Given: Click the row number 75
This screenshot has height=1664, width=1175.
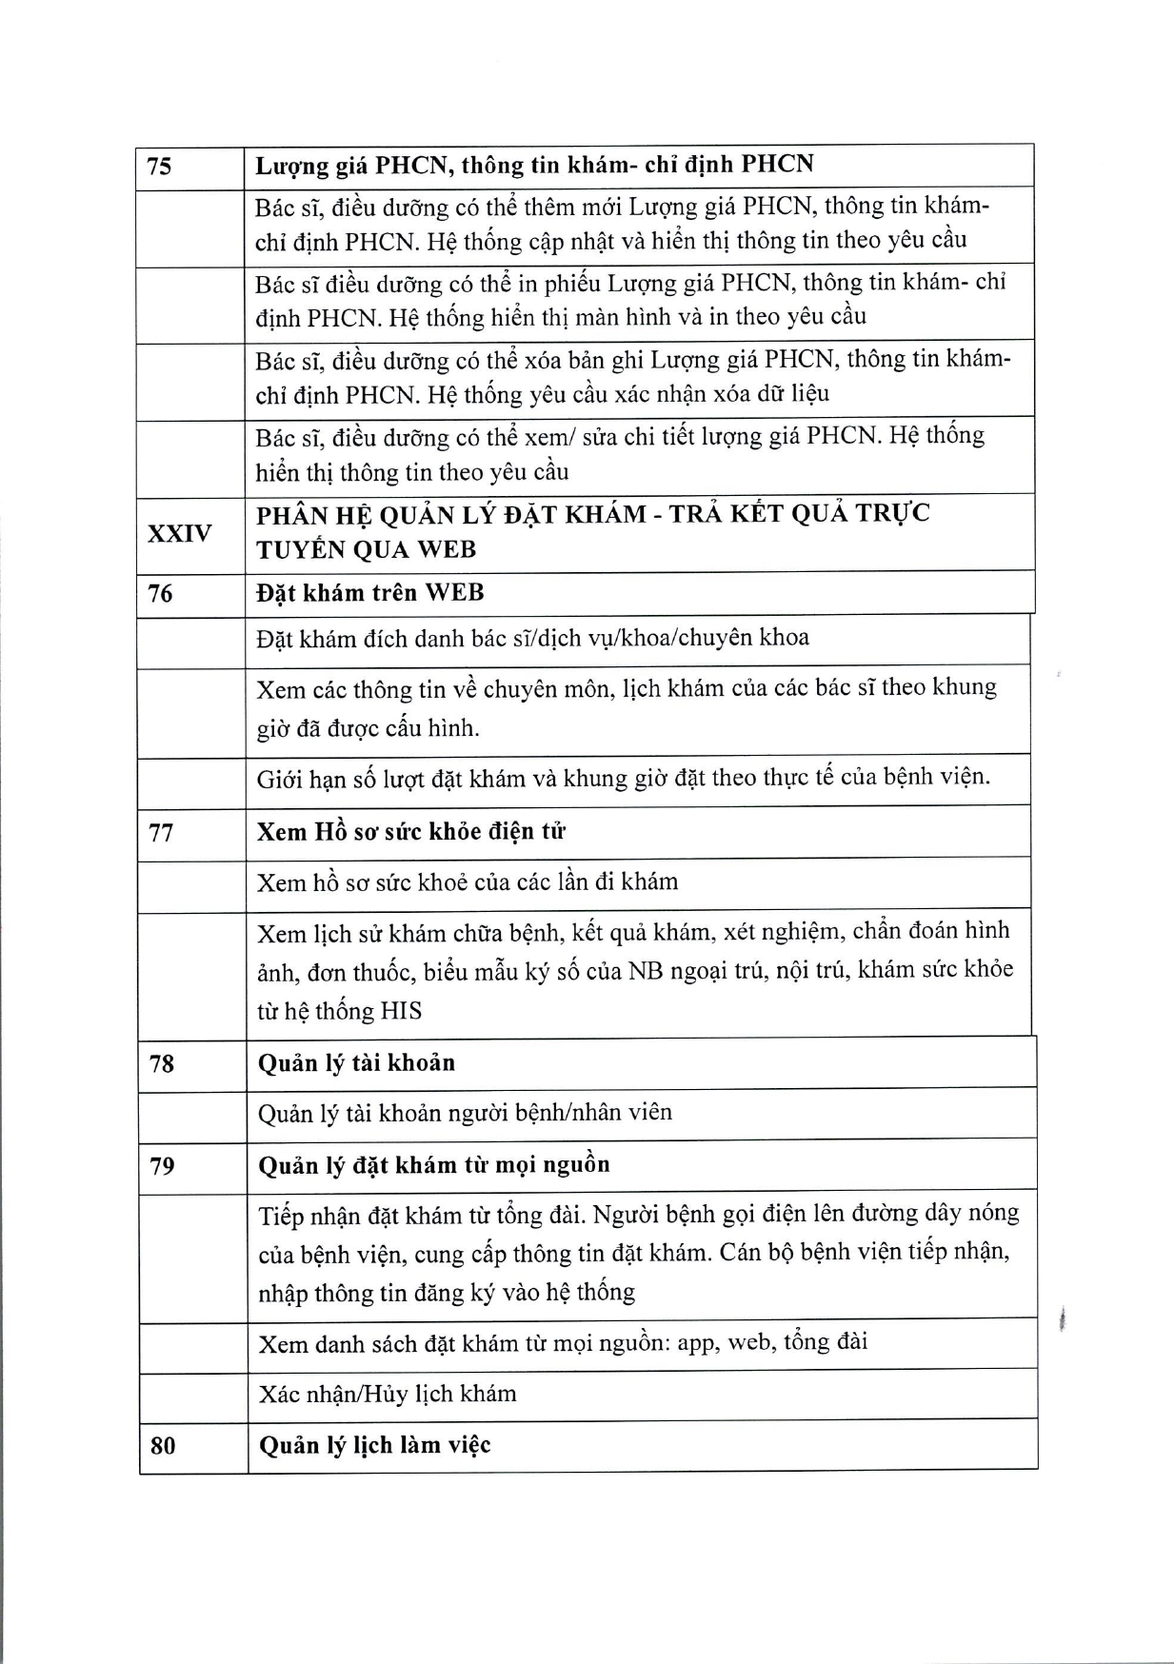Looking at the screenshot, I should tap(160, 167).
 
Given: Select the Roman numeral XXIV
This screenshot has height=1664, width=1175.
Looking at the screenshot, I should tap(179, 533).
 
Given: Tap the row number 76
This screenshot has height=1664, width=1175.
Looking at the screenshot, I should tap(160, 594).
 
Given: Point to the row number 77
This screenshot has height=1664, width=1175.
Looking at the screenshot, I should tap(161, 832).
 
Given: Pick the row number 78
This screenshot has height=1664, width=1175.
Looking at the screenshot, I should tap(162, 1063).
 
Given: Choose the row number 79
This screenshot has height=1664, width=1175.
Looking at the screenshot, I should tap(162, 1165).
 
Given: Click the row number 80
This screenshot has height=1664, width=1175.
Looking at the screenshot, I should tap(163, 1446).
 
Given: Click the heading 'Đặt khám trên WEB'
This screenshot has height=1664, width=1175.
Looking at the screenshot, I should tap(370, 593).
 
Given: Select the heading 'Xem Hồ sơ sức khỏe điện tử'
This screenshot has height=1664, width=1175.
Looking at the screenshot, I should tap(411, 831).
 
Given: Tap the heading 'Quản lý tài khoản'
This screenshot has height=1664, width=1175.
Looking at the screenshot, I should tap(356, 1062).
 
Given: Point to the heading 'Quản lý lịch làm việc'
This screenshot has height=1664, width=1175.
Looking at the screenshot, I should tap(374, 1445).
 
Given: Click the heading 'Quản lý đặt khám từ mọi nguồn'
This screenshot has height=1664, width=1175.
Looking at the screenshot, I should tap(433, 1164).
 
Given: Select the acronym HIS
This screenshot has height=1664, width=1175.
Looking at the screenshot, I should tap(401, 1011).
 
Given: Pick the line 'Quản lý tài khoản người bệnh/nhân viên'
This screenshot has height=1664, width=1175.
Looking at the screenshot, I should tap(465, 1112).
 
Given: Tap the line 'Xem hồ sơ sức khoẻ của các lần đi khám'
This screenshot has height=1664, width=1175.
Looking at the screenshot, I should tap(468, 882).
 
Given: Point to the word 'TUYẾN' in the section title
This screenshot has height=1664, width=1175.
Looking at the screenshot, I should tap(299, 550).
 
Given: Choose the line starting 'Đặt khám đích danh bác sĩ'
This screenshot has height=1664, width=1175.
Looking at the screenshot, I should tap(532, 638).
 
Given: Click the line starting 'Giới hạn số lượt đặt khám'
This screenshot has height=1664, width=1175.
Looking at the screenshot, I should tap(624, 778).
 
